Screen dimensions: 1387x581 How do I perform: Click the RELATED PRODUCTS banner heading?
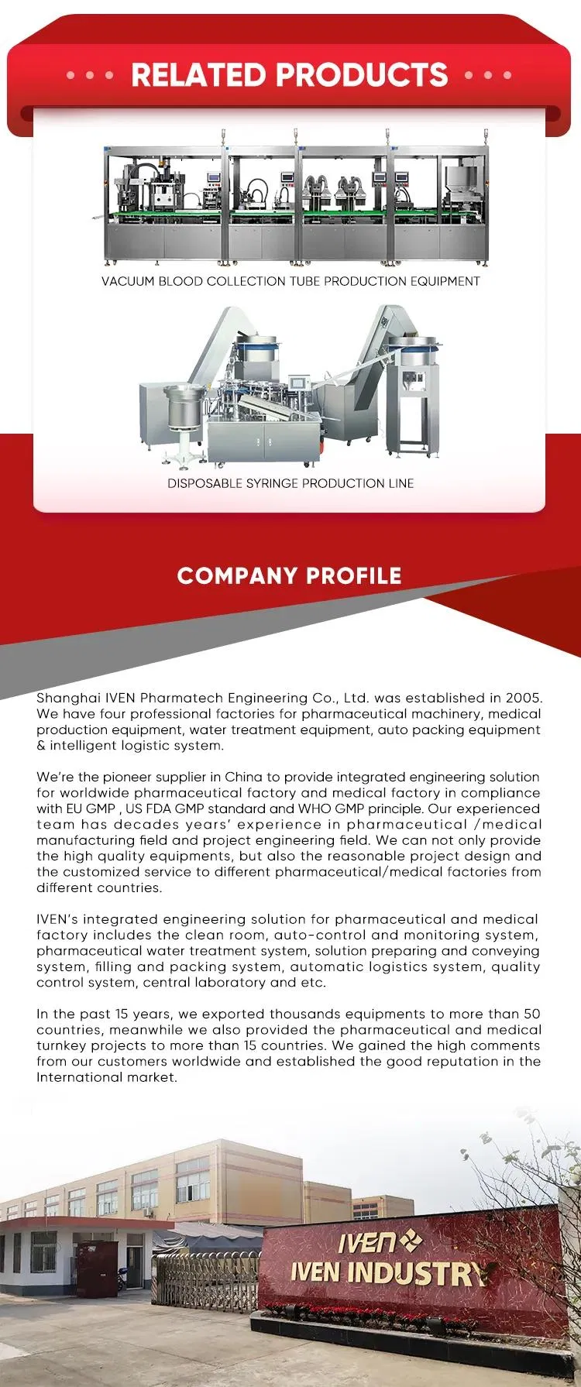[x=289, y=75]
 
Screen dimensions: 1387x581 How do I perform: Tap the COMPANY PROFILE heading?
[x=289, y=576]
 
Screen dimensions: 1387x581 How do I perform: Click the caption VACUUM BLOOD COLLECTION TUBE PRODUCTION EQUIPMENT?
[x=290, y=281]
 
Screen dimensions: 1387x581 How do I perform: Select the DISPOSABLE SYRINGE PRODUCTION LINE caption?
[x=290, y=483]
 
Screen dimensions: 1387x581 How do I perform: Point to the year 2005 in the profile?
[x=524, y=698]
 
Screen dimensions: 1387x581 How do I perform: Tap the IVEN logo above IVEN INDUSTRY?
[x=378, y=1243]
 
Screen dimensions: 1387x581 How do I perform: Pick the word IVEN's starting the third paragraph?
[x=57, y=919]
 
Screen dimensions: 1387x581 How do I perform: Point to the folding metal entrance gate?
[x=206, y=1279]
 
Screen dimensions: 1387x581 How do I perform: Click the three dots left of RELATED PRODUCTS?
[x=90, y=76]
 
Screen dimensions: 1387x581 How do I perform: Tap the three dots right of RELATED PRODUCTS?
[x=488, y=76]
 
